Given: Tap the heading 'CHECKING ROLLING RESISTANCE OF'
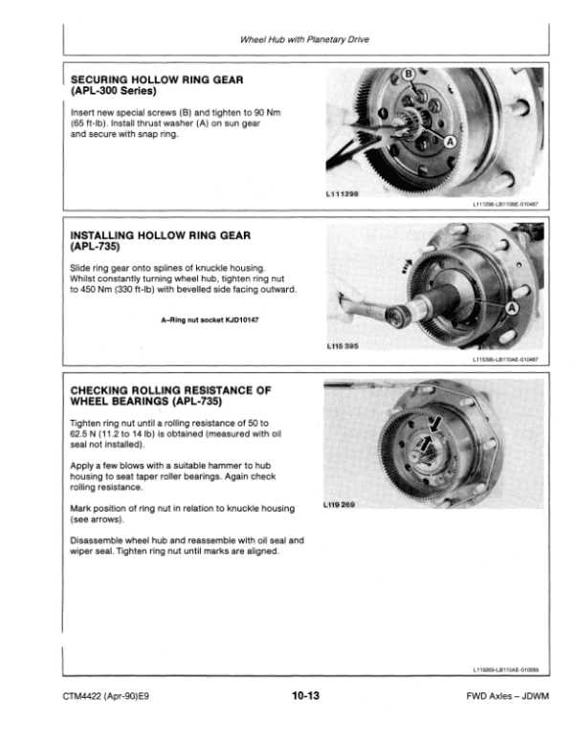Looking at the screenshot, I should (171, 390).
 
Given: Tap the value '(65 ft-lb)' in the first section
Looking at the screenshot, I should (90, 124).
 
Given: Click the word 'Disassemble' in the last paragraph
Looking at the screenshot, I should (97, 540).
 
